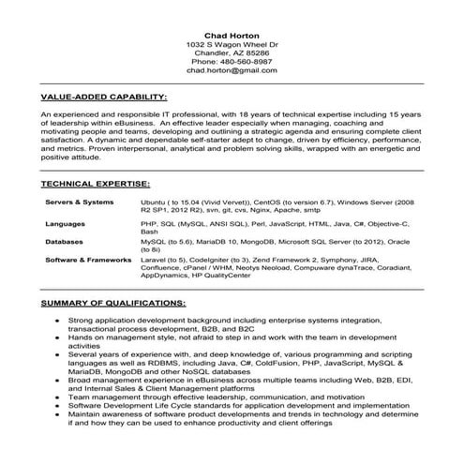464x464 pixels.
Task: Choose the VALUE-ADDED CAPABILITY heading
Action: click(104, 97)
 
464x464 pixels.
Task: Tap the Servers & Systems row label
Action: click(79, 202)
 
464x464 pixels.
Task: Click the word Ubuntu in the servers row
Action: click(155, 202)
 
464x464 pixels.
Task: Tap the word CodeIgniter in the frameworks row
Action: click(215, 259)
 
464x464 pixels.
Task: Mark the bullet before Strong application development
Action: click(58, 321)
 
